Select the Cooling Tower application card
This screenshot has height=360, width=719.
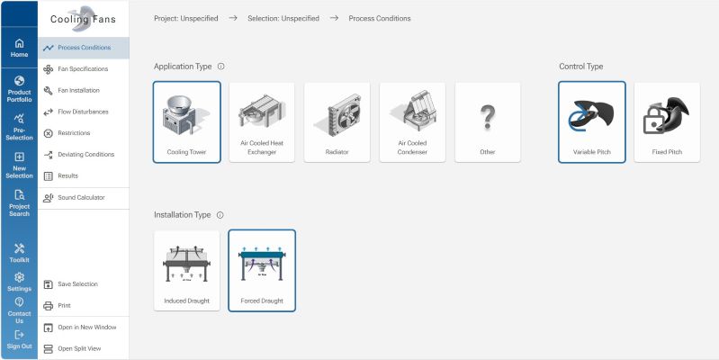186,122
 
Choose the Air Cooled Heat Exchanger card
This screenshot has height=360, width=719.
262,122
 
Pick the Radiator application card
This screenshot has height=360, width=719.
337,122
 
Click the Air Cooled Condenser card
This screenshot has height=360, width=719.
412,122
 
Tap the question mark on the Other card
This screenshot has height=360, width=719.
488,117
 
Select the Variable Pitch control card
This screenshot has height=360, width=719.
592,122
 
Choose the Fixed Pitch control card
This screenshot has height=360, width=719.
667,122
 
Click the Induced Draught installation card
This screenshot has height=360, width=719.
186,271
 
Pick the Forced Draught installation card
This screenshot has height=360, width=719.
262,271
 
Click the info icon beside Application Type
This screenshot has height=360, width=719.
221,67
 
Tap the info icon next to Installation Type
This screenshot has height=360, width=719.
220,215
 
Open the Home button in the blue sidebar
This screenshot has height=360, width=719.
19,49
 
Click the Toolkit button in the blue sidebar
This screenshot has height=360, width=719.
19,254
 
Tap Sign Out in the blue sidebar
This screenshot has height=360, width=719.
19,340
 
